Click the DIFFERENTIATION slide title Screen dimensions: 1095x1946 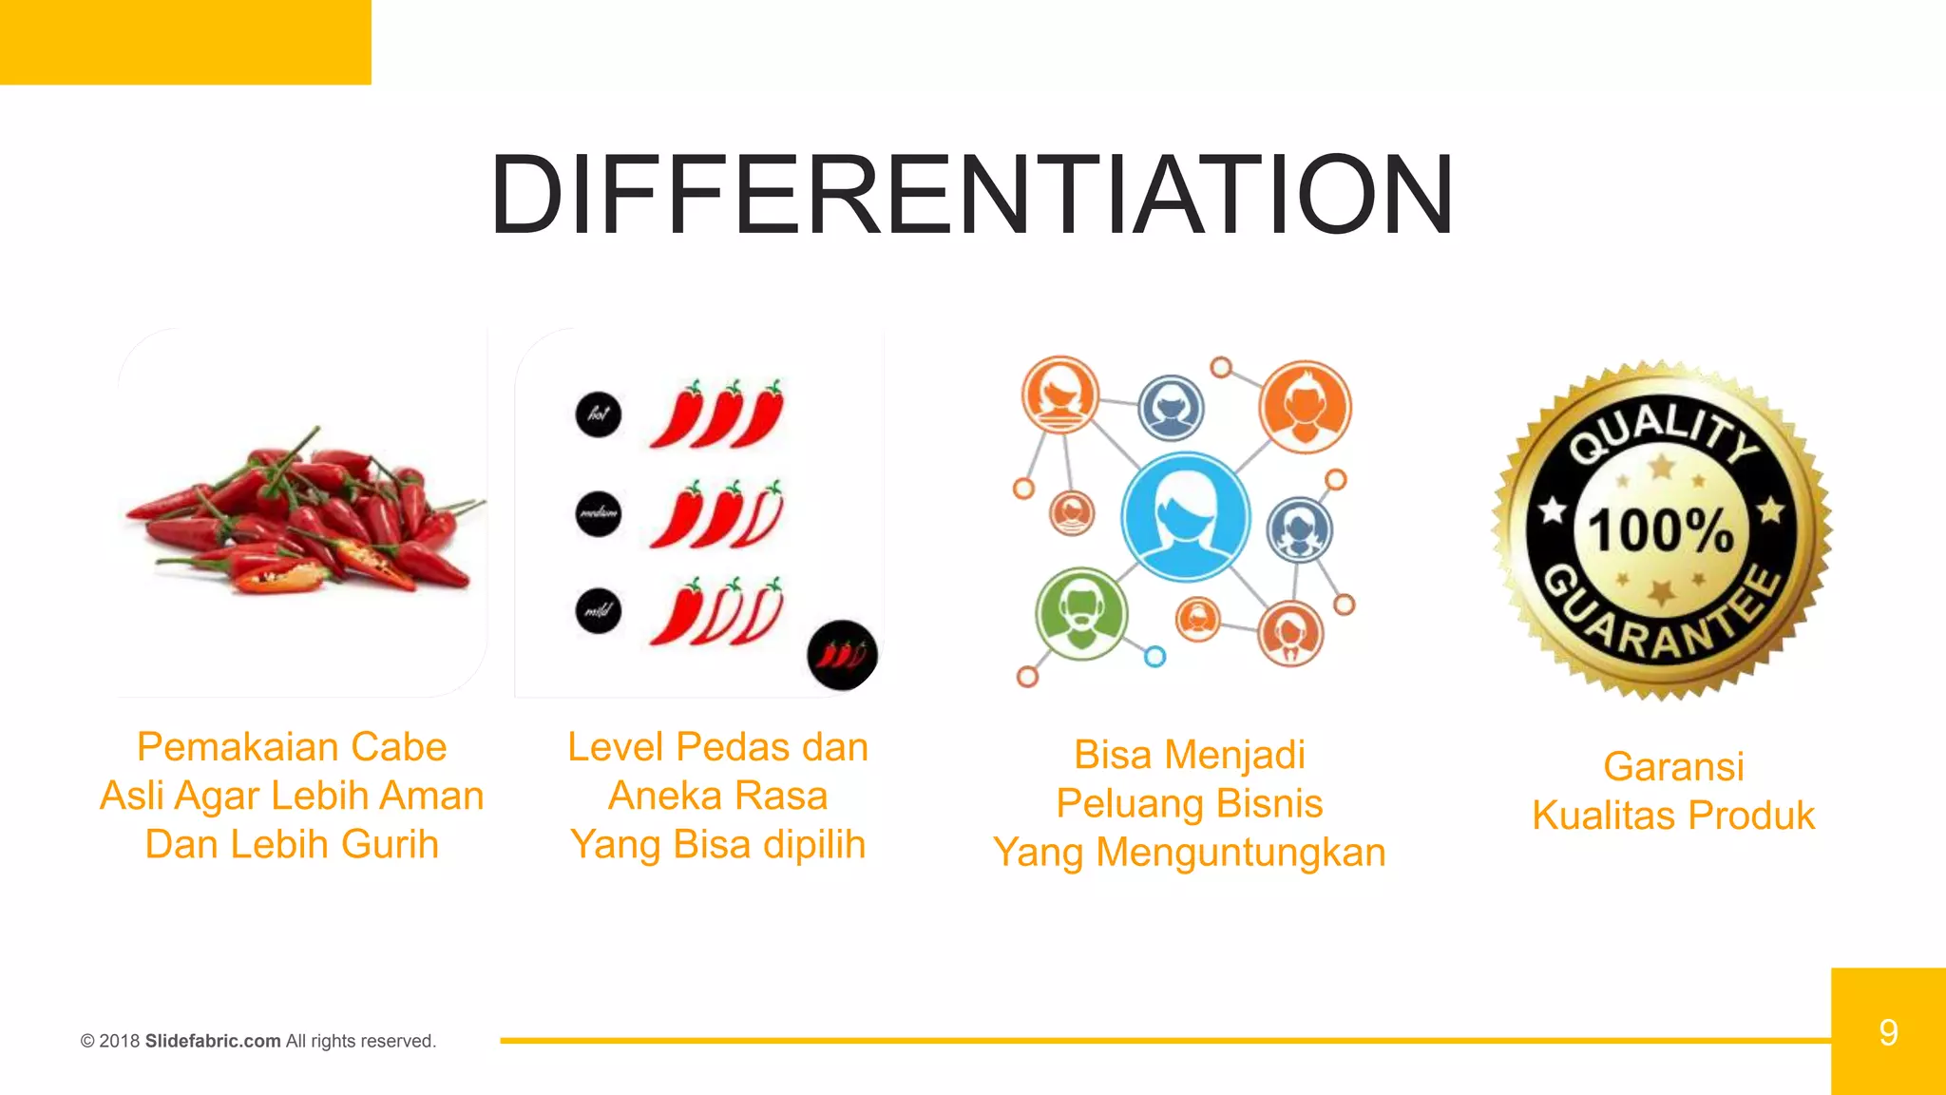tap(971, 195)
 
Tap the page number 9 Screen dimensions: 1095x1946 tap(1888, 1032)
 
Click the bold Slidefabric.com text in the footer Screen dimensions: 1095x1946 tap(213, 1041)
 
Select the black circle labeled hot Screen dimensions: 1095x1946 tap(599, 414)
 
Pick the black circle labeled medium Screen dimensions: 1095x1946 tap(599, 513)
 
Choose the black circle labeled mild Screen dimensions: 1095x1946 tap(599, 610)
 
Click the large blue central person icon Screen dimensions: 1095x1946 tap(1185, 517)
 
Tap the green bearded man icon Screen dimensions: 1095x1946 tap(1081, 614)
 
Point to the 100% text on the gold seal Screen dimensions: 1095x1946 tap(1661, 529)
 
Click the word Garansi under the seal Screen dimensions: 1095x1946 tap(1673, 767)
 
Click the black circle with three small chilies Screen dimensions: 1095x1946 tap(842, 654)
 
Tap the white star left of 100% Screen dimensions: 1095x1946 tap(1553, 510)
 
